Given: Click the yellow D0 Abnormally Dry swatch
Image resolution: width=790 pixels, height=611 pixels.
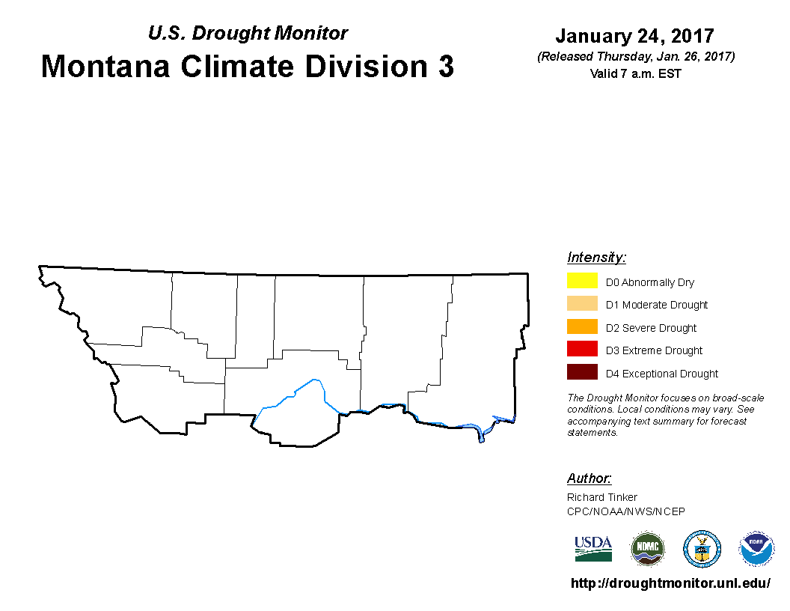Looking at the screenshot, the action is click(x=582, y=280).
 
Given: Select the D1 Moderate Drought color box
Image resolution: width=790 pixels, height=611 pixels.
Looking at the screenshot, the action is click(x=582, y=303).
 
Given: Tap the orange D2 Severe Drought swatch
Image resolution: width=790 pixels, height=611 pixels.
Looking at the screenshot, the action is click(x=582, y=326).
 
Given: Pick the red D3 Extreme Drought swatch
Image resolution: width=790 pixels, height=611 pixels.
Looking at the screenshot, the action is click(x=582, y=349).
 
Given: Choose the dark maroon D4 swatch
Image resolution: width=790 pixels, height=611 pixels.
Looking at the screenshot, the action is click(x=582, y=371).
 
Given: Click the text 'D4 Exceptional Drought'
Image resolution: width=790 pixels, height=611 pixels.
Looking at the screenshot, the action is click(x=661, y=374).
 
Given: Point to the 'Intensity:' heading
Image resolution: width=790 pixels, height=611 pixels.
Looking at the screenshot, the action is click(x=596, y=257).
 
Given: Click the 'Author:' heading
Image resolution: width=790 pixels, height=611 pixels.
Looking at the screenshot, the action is click(x=589, y=478).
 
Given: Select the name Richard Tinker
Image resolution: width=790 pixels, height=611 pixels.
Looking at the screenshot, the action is click(x=602, y=497).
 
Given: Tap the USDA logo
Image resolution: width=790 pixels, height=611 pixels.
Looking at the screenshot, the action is click(x=593, y=549).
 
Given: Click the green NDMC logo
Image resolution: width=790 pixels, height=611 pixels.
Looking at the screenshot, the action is click(x=648, y=549).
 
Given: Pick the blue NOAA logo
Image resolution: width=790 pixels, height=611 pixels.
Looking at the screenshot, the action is click(x=756, y=549).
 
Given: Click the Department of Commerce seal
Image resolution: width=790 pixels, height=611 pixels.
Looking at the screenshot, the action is click(x=702, y=549).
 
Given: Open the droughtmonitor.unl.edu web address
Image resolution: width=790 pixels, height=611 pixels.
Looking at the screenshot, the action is click(x=670, y=583).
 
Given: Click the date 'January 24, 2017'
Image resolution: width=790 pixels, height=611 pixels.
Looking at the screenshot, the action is click(x=635, y=36).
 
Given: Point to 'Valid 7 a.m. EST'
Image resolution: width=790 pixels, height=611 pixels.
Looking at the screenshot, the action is click(x=635, y=73).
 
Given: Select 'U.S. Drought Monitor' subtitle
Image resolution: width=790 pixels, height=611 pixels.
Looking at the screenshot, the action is click(x=248, y=33).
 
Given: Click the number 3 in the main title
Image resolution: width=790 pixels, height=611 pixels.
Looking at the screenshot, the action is click(x=446, y=66).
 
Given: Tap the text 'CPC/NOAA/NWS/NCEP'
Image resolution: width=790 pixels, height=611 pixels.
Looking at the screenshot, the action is click(x=625, y=511).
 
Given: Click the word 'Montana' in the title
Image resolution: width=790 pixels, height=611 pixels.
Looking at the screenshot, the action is click(x=105, y=66).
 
